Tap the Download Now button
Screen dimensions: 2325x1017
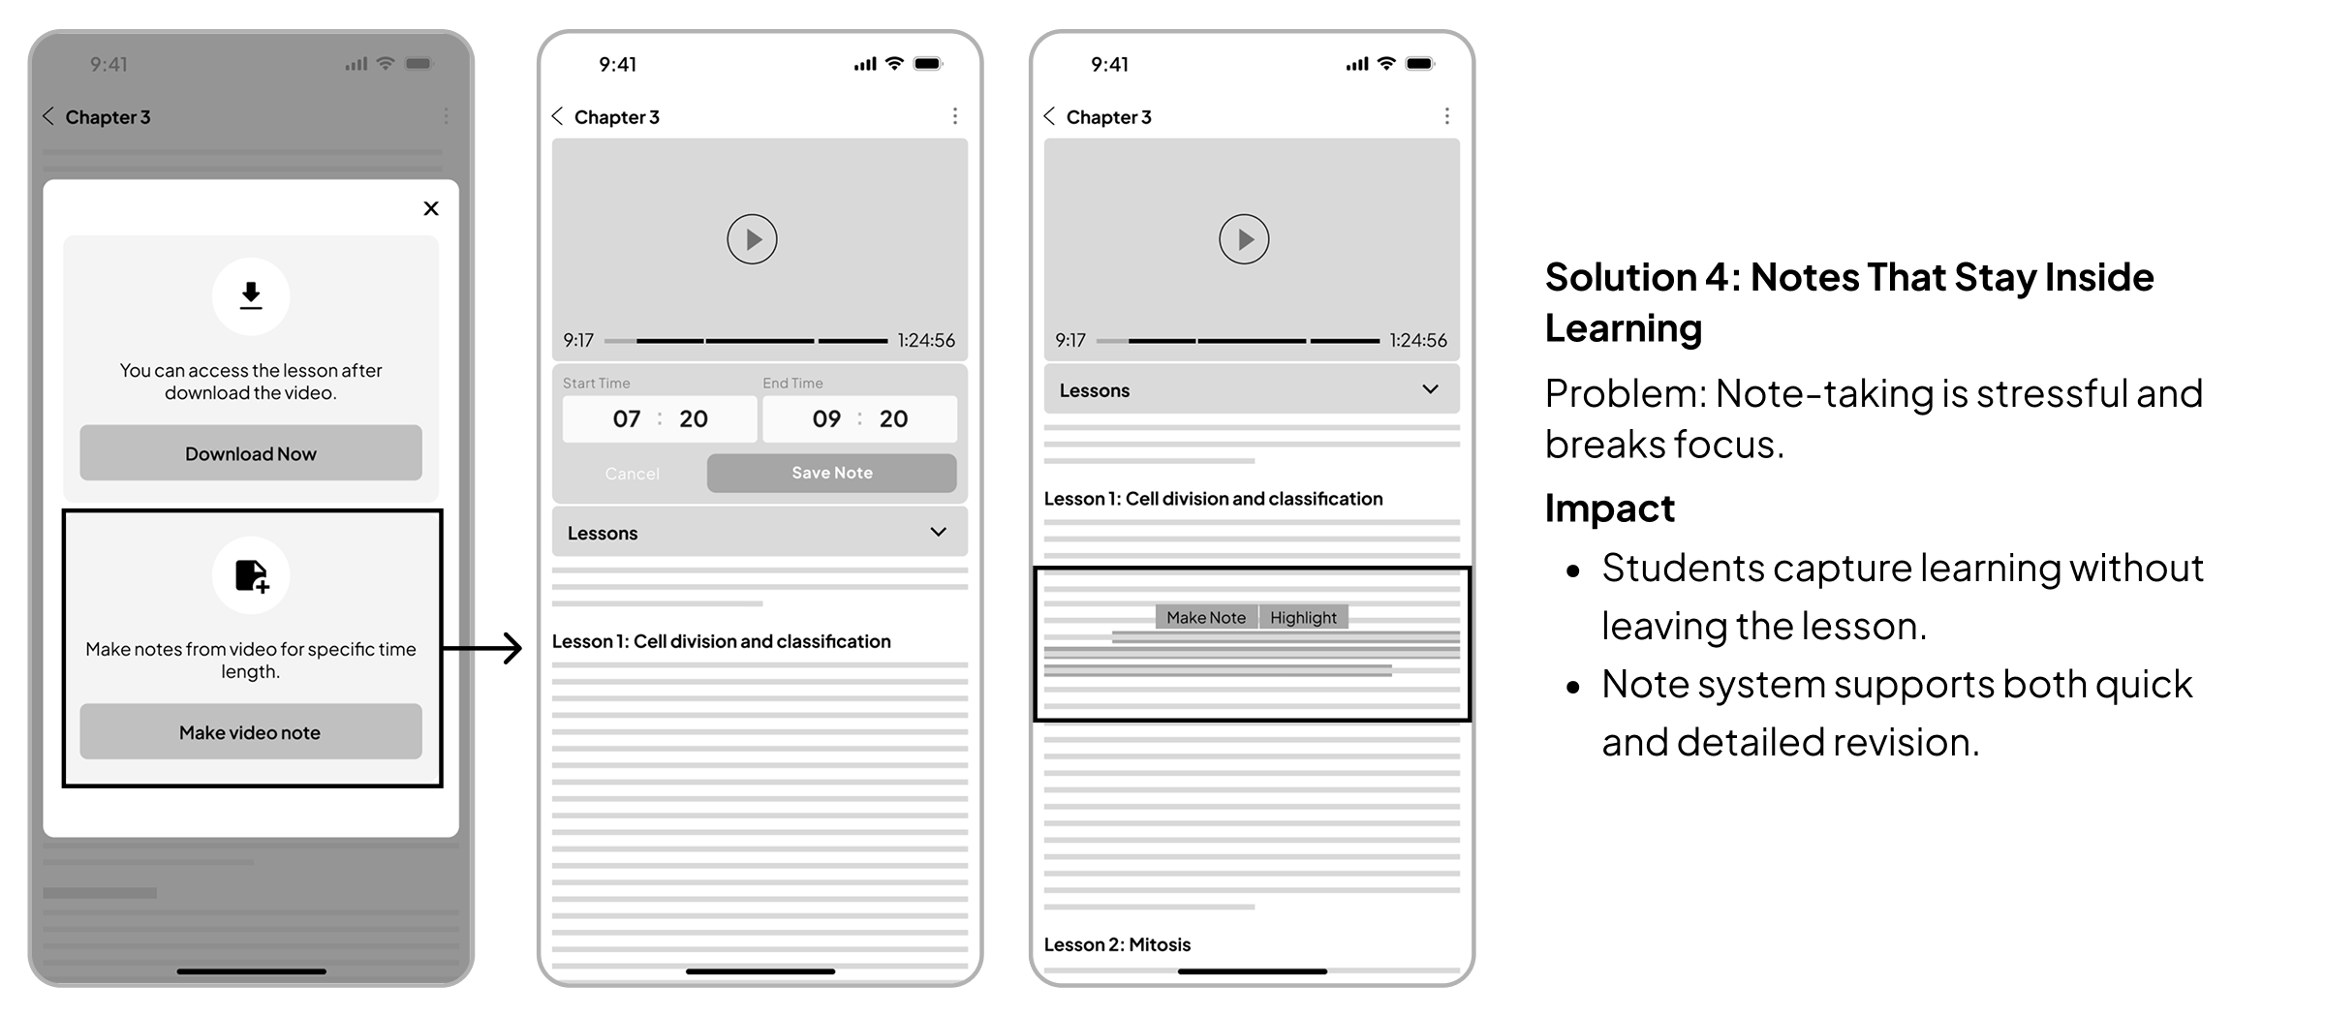pyautogui.click(x=251, y=453)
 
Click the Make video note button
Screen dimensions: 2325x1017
pyautogui.click(x=251, y=732)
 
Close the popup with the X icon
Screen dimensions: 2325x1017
pyautogui.click(x=431, y=208)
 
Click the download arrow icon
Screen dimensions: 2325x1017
pyautogui.click(x=251, y=295)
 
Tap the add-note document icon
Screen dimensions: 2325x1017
pyautogui.click(x=252, y=575)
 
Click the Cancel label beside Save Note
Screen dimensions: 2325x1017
pyautogui.click(x=632, y=474)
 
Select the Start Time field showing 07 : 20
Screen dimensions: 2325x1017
pyautogui.click(x=660, y=418)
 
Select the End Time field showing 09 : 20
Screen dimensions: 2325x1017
pyautogui.click(x=859, y=418)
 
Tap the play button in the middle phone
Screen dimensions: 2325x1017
pyautogui.click(x=753, y=239)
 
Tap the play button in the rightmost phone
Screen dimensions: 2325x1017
pyautogui.click(x=1245, y=239)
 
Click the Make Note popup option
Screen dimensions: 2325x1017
pyautogui.click(x=1206, y=617)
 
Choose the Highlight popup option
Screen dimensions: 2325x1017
pyautogui.click(x=1303, y=617)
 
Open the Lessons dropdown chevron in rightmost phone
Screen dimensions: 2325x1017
pyautogui.click(x=1430, y=389)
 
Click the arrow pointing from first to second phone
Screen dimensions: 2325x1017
pyautogui.click(x=482, y=648)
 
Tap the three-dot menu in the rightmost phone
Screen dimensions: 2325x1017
pyautogui.click(x=1447, y=116)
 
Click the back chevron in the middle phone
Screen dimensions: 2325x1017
pyautogui.click(x=557, y=116)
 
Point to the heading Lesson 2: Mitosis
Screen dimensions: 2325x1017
pyautogui.click(x=1117, y=944)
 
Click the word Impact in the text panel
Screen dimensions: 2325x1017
pyautogui.click(x=1609, y=508)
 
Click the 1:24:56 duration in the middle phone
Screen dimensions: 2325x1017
pyautogui.click(x=926, y=340)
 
